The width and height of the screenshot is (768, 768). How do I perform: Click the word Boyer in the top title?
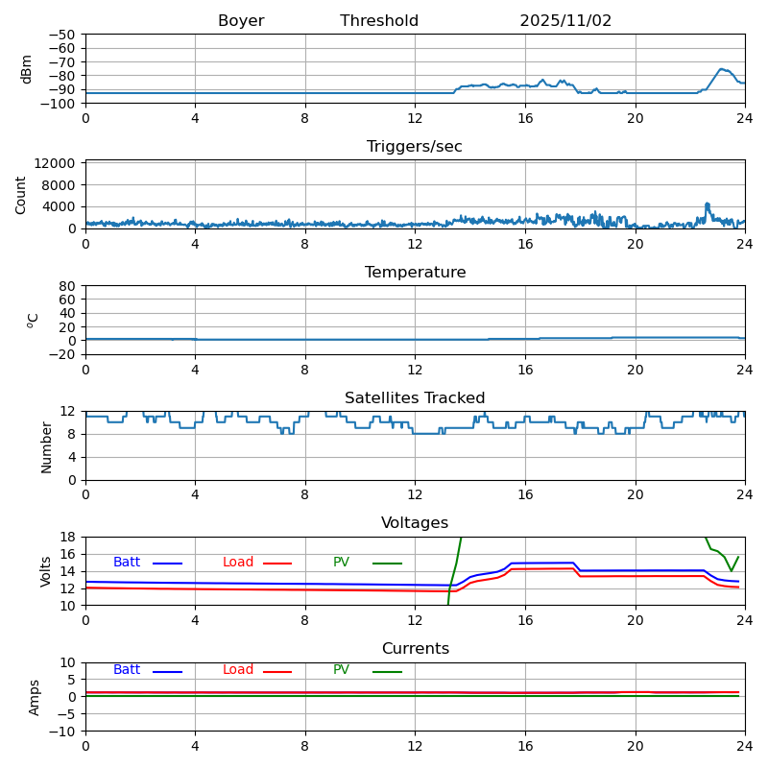pos(241,21)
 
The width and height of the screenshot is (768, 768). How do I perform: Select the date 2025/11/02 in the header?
pos(565,21)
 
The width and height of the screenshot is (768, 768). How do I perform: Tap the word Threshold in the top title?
pos(379,21)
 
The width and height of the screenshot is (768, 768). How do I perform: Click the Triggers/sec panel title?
pos(415,147)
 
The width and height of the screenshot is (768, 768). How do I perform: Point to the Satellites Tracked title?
pos(415,398)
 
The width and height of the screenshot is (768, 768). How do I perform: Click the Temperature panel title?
pos(415,273)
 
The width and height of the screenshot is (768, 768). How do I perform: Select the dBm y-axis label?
pos(27,68)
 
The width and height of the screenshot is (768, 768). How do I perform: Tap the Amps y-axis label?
pos(35,697)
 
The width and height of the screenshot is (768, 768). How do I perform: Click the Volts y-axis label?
pos(47,571)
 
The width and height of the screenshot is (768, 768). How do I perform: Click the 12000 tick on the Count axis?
pos(58,163)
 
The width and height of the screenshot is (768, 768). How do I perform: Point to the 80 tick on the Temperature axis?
pos(67,286)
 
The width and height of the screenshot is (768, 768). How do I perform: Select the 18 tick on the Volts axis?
pos(69,538)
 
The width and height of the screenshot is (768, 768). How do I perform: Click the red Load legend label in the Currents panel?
pos(238,670)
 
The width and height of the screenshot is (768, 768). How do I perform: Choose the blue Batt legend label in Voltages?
pos(127,563)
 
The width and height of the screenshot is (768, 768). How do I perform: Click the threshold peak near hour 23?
pos(722,69)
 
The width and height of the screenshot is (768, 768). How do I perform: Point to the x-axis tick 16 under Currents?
pos(525,746)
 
